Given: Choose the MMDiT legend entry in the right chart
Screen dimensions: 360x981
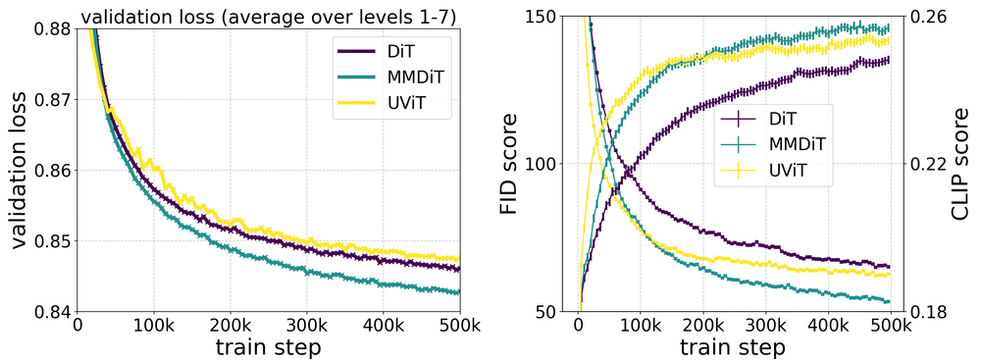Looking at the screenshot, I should click(782, 145).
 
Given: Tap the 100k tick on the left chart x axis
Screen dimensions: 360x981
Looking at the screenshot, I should click(154, 327).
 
